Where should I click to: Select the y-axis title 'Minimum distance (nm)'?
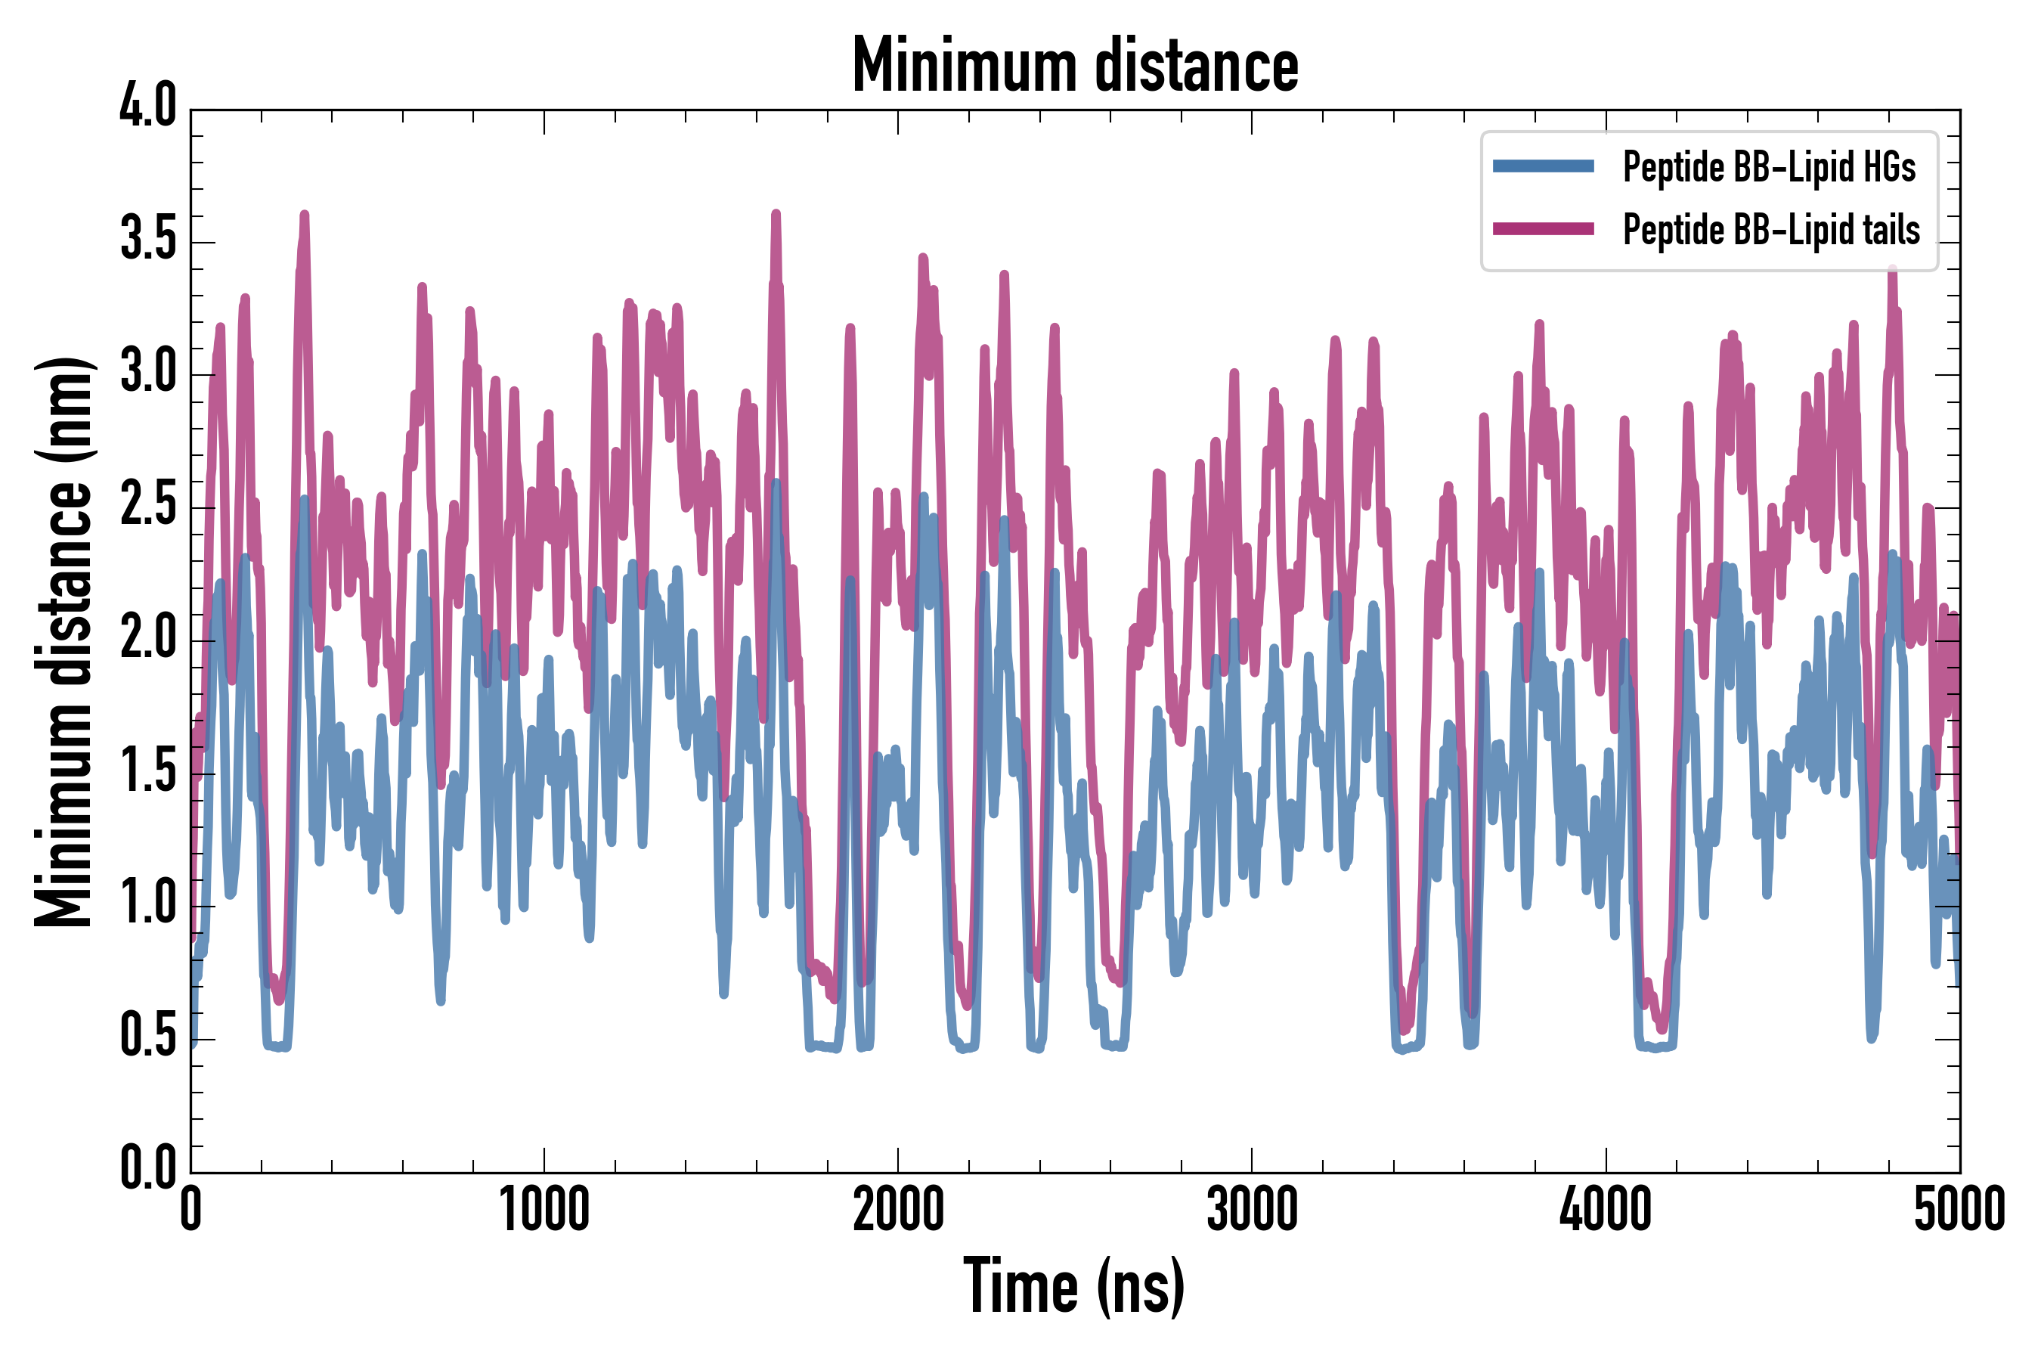(x=63, y=641)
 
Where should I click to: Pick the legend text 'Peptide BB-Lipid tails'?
(x=1771, y=230)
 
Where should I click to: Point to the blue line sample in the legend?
(x=1543, y=166)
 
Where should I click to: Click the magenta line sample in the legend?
(x=1543, y=229)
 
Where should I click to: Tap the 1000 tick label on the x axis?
(x=544, y=1209)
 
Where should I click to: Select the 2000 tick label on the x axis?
(x=898, y=1209)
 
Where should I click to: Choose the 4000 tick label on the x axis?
(x=1606, y=1209)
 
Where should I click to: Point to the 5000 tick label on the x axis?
(x=1959, y=1209)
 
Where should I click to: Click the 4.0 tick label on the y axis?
(x=147, y=107)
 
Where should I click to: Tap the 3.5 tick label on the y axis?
(x=147, y=239)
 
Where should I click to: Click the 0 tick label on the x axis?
(x=191, y=1209)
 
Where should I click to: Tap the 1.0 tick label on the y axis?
(x=147, y=903)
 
